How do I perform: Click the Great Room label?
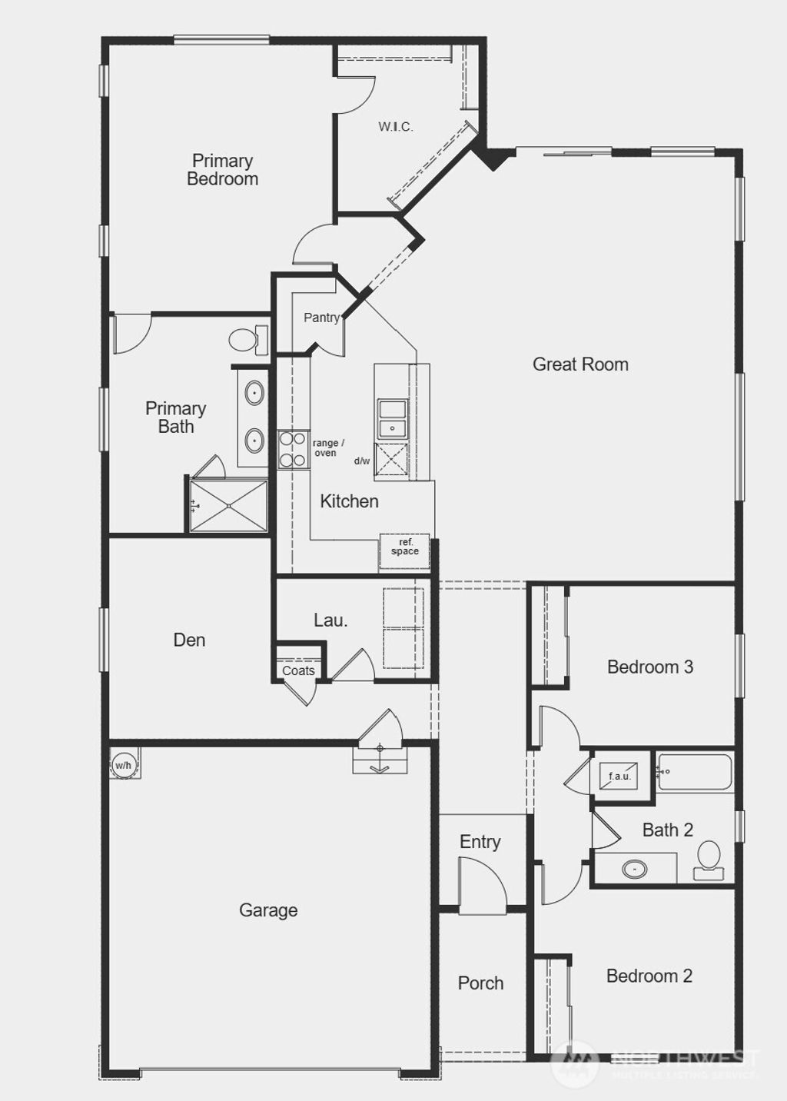pyautogui.click(x=580, y=364)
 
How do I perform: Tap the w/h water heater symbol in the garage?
pyautogui.click(x=123, y=766)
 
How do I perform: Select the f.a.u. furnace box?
pyautogui.click(x=619, y=776)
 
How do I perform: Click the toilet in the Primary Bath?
pyautogui.click(x=248, y=339)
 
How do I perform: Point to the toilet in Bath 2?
pyautogui.click(x=708, y=860)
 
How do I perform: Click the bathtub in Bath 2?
pyautogui.click(x=695, y=772)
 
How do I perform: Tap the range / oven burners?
pyautogui.click(x=292, y=450)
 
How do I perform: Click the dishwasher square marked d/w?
pyautogui.click(x=392, y=462)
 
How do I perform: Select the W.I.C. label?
pyautogui.click(x=395, y=127)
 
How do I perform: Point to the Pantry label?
pyautogui.click(x=321, y=318)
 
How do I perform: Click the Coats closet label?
pyautogui.click(x=298, y=670)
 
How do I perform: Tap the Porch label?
pyautogui.click(x=480, y=983)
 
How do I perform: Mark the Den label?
pyautogui.click(x=189, y=640)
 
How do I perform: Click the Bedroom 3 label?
pyautogui.click(x=650, y=667)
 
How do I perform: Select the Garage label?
pyautogui.click(x=268, y=910)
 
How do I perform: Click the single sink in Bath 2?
pyautogui.click(x=635, y=870)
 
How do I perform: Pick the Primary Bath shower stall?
pyautogui.click(x=229, y=505)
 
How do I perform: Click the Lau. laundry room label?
pyautogui.click(x=330, y=620)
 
